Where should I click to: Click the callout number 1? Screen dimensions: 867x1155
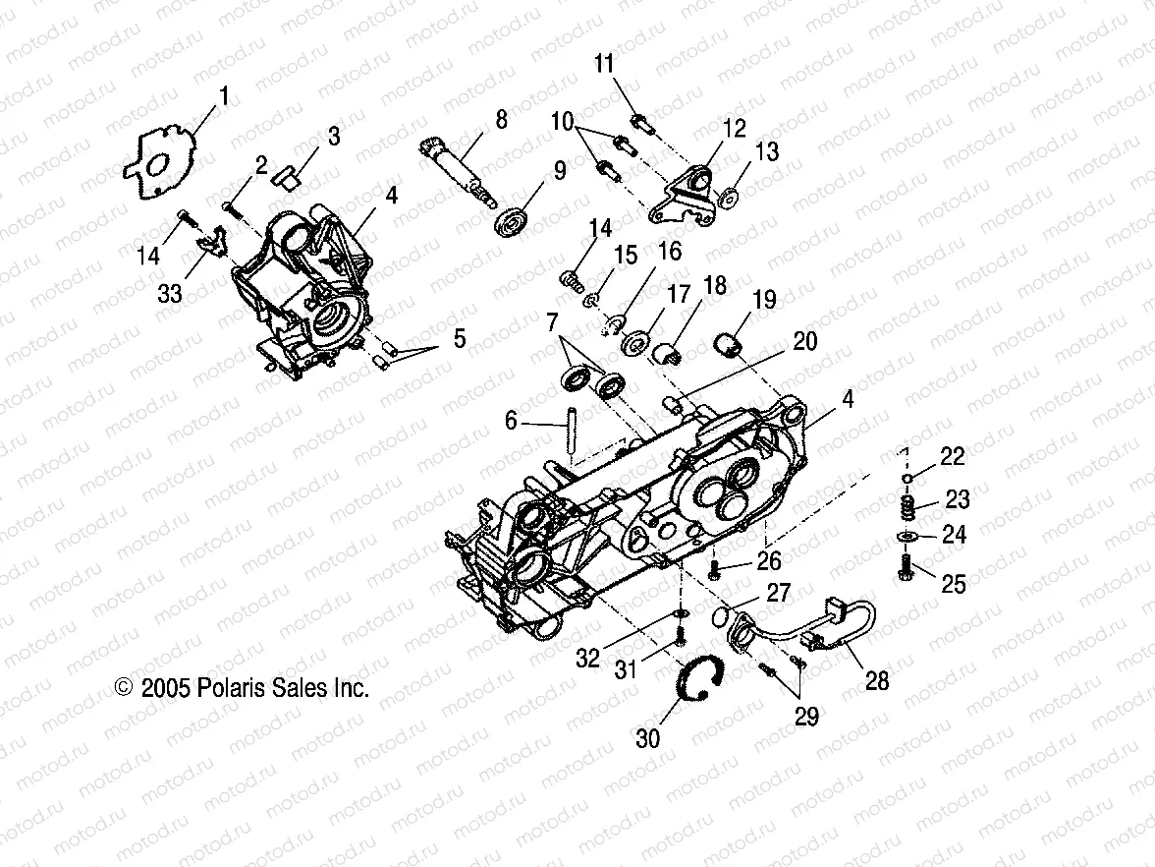[x=224, y=96]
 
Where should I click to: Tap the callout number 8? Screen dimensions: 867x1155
[x=501, y=120]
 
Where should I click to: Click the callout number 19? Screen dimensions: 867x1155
[x=765, y=299]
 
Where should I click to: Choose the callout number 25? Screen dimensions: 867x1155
[x=953, y=584]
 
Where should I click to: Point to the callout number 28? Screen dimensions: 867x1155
[x=876, y=679]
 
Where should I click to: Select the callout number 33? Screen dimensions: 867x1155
[x=170, y=293]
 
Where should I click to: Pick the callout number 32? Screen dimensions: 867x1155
[x=587, y=659]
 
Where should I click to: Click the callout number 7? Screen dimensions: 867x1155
[x=552, y=322]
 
